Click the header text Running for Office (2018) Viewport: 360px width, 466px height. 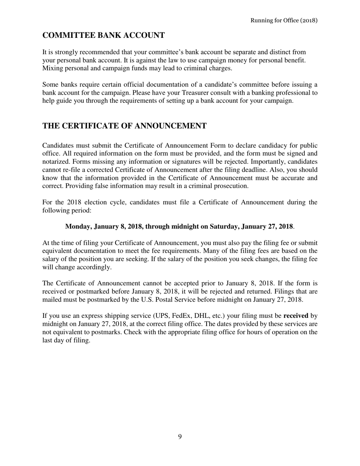pos(284,20)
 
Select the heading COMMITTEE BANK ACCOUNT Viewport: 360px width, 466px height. pos(103,36)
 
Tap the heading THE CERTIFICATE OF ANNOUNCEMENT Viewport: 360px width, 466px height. pos(124,126)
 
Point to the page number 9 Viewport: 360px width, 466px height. pos(180,437)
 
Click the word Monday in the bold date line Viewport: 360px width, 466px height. pos(78,227)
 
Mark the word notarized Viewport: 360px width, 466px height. pos(56,162)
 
